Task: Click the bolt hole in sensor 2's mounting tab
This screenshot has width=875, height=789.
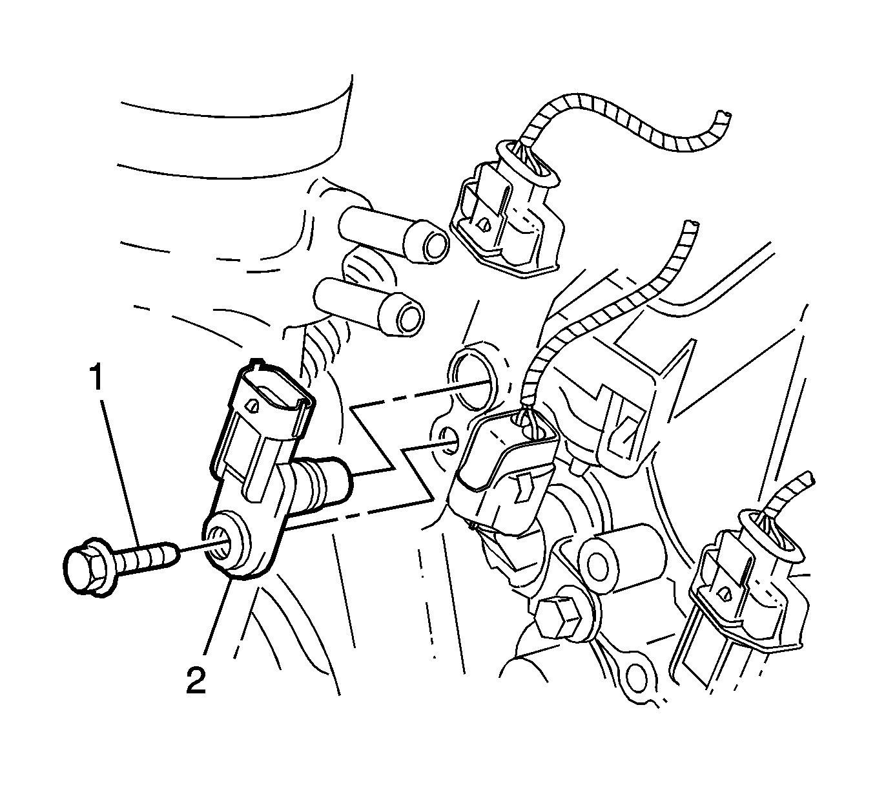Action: [218, 545]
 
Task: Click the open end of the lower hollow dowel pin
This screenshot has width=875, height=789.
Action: [411, 317]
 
